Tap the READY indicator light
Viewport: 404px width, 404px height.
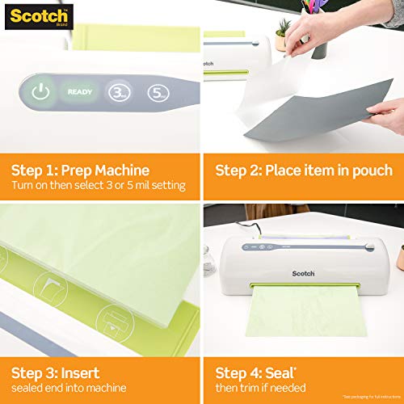(79, 92)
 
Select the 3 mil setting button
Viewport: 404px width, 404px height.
(119, 92)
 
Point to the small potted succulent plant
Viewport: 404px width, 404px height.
(282, 38)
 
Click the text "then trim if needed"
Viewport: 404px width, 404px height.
(268, 389)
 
